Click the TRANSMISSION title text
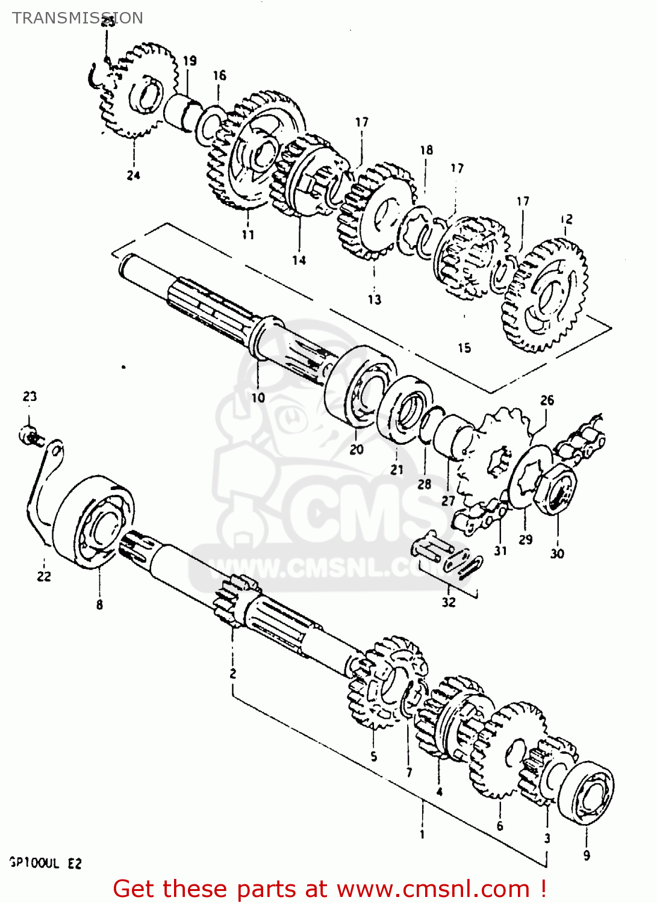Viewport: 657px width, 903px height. [78, 18]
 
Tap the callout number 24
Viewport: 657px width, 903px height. [133, 175]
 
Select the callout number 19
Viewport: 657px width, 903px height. [190, 61]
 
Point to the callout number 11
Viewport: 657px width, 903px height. [248, 235]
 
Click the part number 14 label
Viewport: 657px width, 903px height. [299, 260]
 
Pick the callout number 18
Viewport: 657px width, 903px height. [426, 150]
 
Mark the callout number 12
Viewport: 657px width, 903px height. [566, 219]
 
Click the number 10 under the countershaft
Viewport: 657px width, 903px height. [258, 397]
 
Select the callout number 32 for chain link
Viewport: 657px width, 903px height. [449, 602]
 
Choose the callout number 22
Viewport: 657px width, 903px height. [44, 576]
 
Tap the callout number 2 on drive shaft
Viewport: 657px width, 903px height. [233, 673]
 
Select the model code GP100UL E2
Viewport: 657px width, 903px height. [46, 863]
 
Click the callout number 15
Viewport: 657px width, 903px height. [464, 348]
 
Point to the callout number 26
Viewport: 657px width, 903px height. [547, 400]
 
